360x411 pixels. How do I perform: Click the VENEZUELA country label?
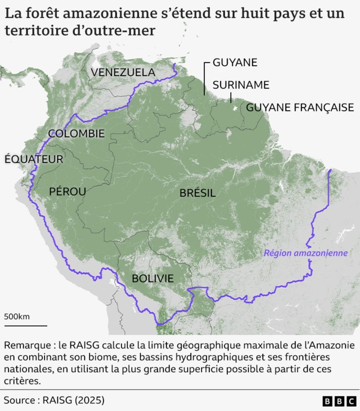(x=123, y=72)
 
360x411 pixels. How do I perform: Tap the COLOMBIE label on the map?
(x=76, y=133)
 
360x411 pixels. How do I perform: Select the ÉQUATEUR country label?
(x=34, y=159)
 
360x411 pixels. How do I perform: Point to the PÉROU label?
(x=67, y=191)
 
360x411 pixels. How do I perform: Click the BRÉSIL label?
(x=197, y=193)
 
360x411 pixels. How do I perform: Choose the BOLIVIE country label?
(x=152, y=278)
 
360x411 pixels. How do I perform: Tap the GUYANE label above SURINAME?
(x=235, y=62)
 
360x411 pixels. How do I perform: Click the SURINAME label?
(x=241, y=85)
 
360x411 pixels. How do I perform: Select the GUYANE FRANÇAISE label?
(x=300, y=107)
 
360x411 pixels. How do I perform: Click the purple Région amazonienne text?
(x=305, y=253)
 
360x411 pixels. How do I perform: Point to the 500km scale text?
(x=17, y=316)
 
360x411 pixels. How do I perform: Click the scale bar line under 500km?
(x=25, y=325)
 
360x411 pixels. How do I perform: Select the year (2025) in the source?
(x=89, y=400)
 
